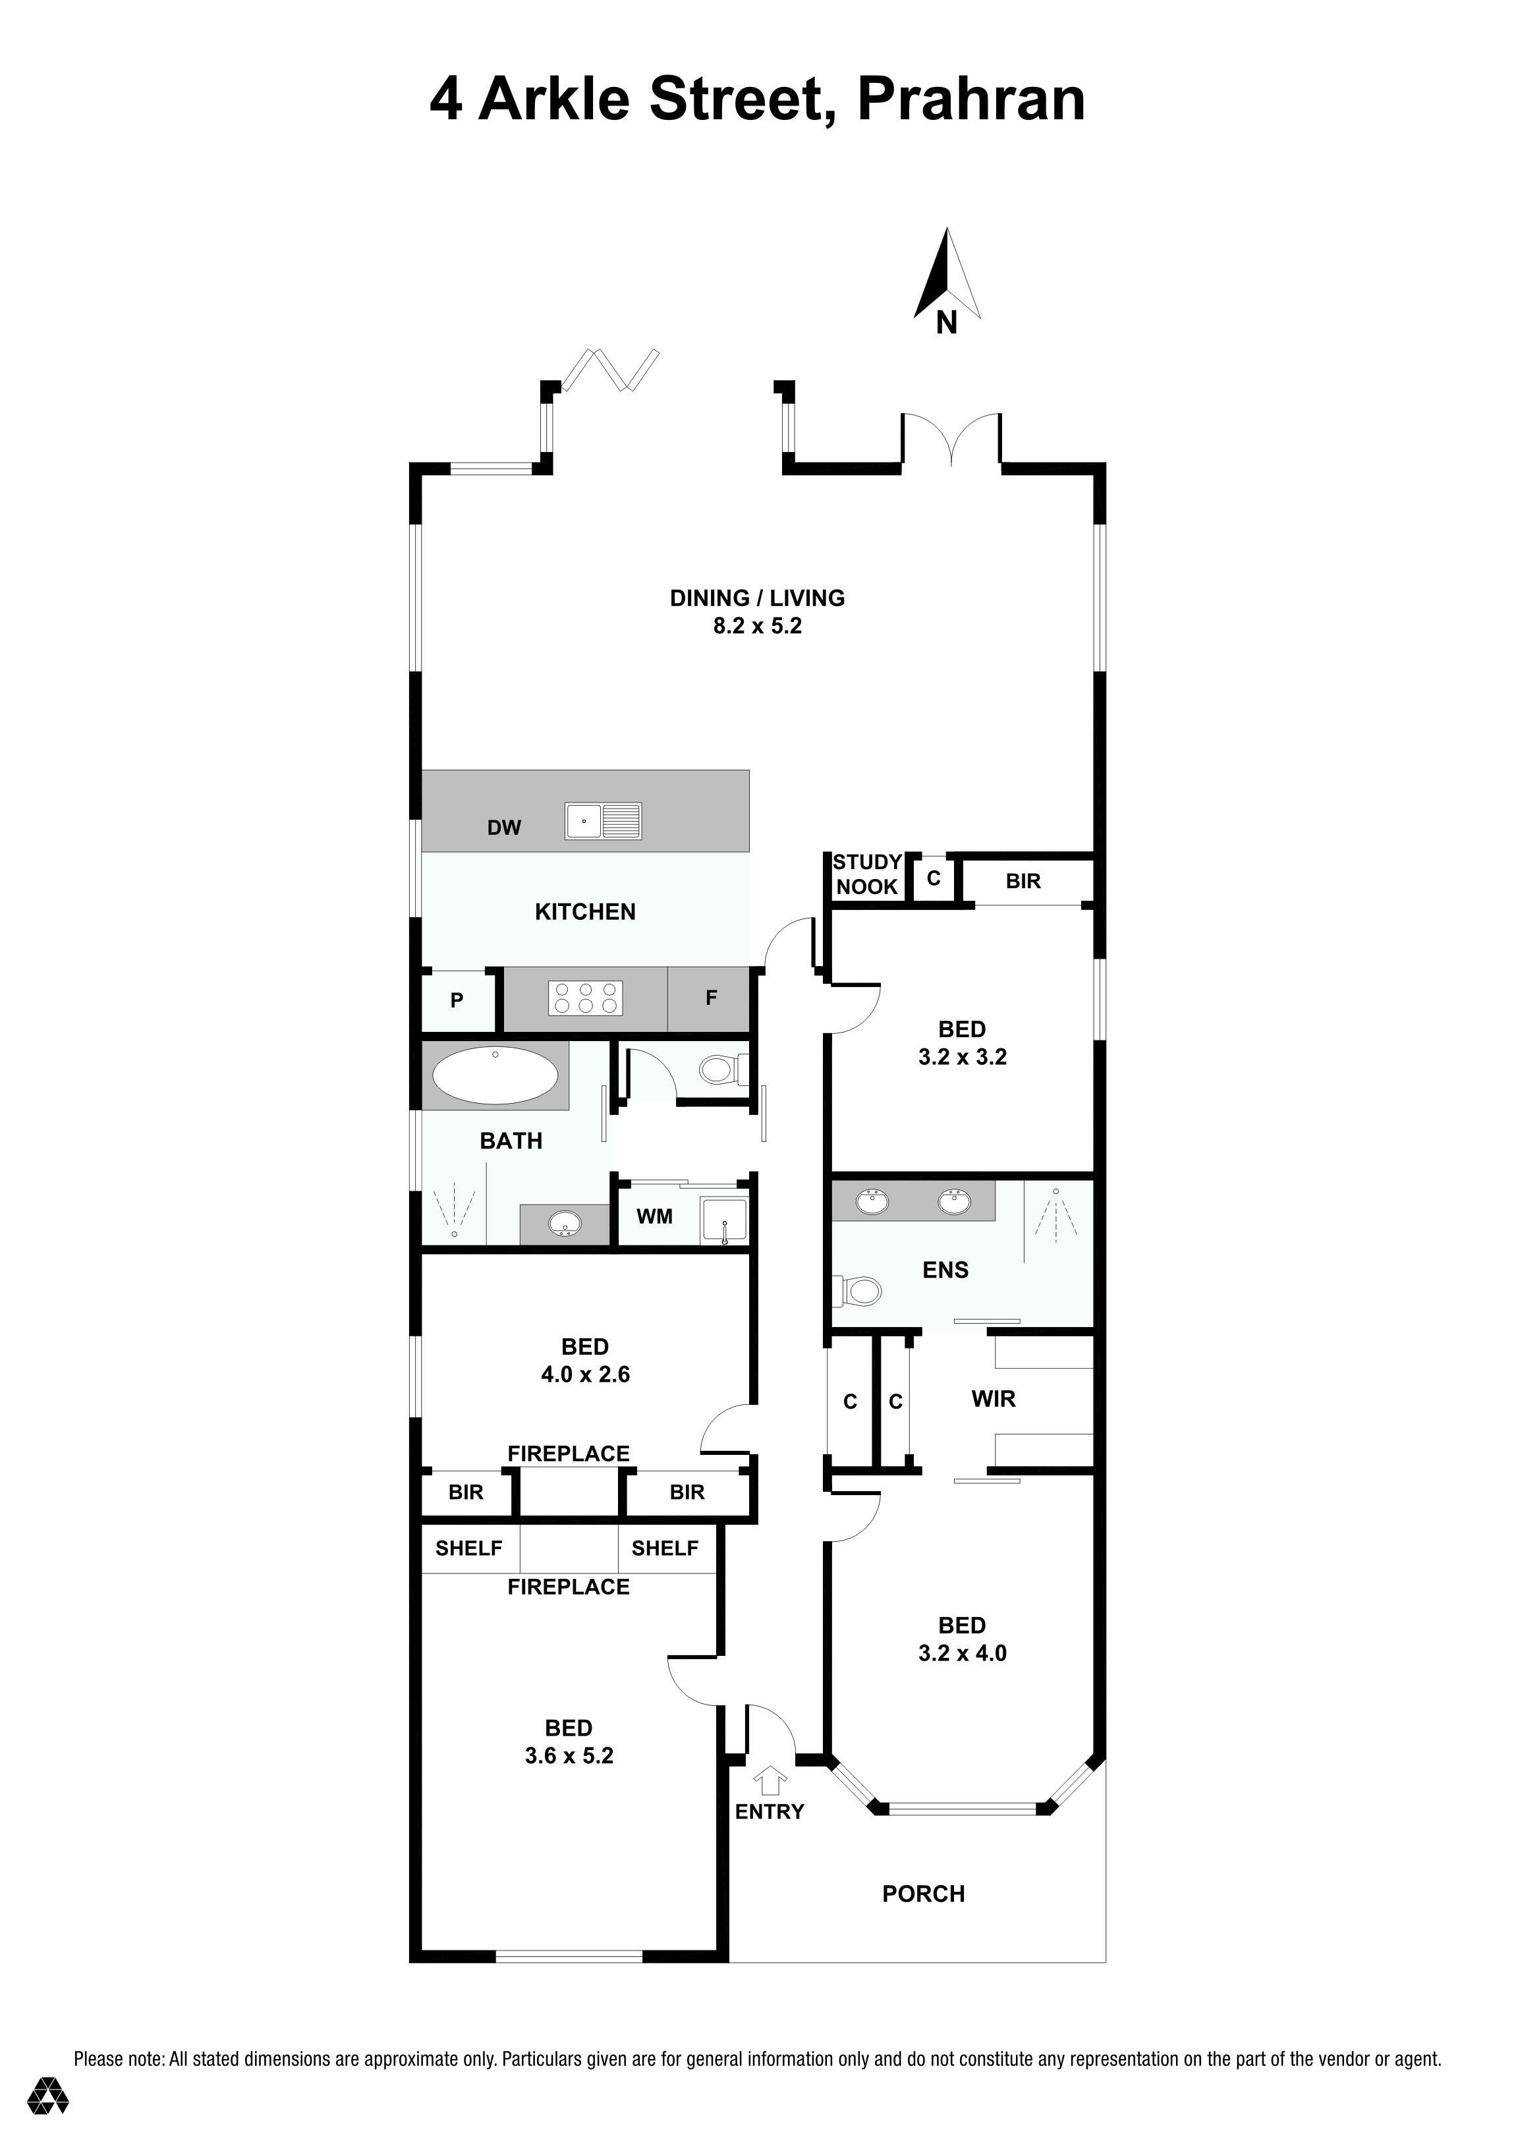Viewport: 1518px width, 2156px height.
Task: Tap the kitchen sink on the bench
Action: [x=603, y=821]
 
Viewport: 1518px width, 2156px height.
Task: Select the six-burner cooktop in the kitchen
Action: [x=586, y=998]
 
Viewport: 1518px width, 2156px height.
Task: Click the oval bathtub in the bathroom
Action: [x=495, y=1075]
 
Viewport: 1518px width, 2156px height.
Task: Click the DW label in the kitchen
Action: [x=504, y=828]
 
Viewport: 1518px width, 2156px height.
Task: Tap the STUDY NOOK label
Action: [x=868, y=874]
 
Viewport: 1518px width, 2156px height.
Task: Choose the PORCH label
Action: [x=924, y=1894]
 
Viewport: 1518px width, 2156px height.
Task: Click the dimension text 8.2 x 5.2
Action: [x=758, y=627]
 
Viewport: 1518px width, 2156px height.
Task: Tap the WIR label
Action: [x=994, y=1399]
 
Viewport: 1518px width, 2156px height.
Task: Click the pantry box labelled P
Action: [x=457, y=1000]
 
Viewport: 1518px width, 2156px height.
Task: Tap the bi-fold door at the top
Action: [x=610, y=370]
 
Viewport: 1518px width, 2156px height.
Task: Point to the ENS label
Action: [x=945, y=1270]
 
